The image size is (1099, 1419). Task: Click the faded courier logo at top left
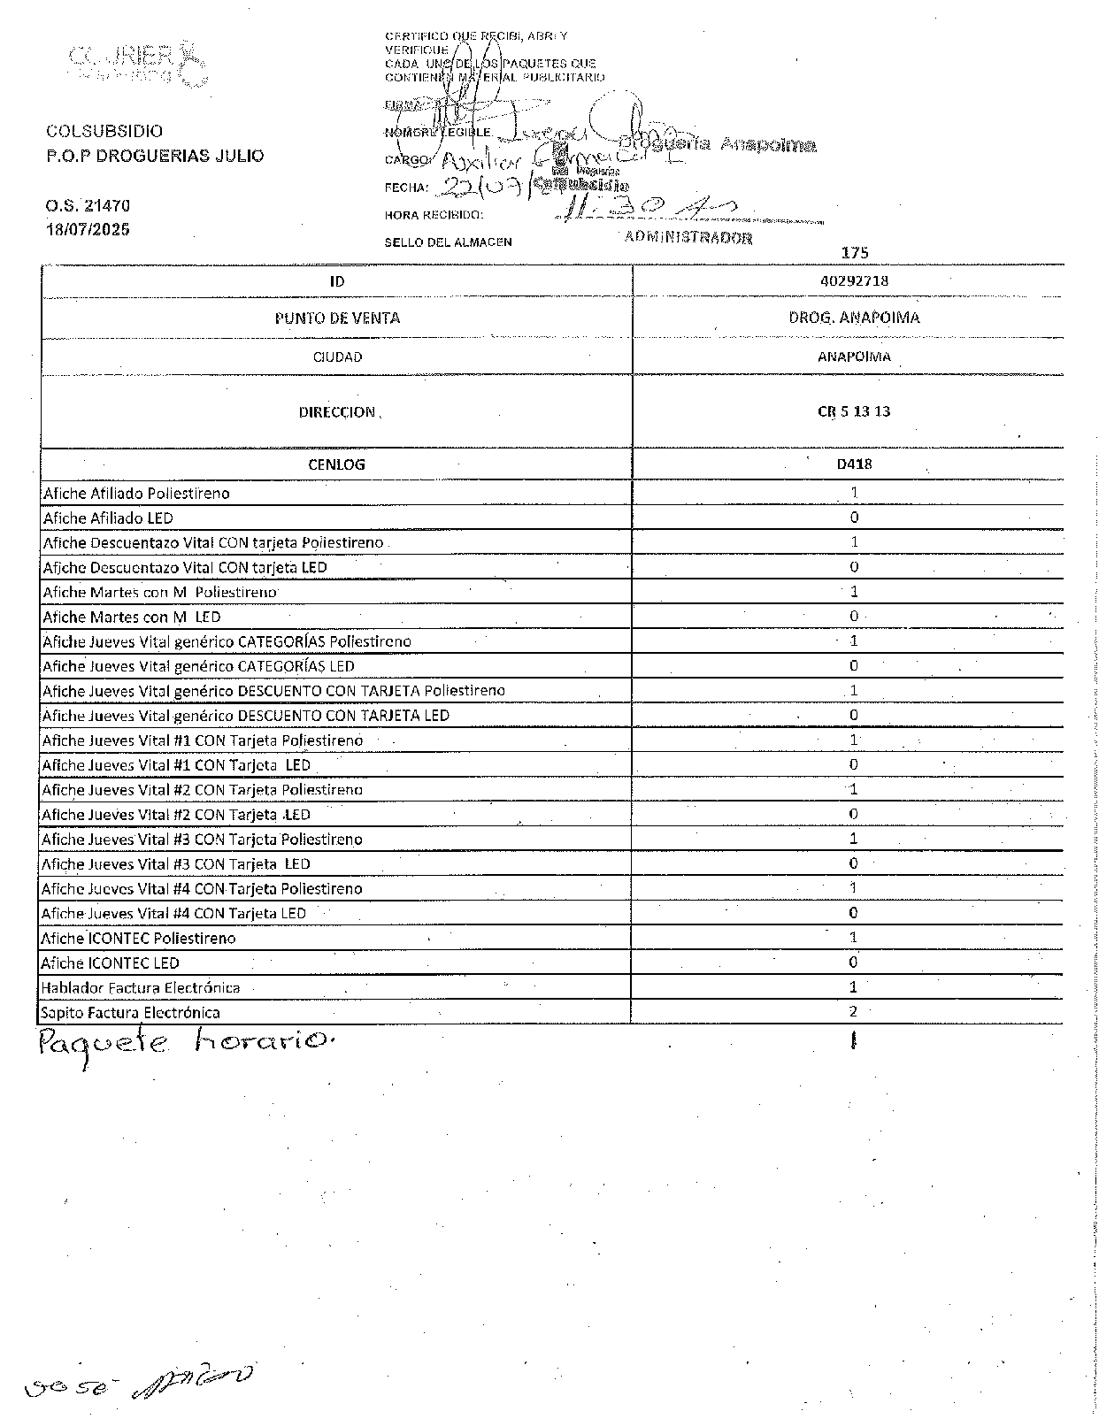pos(136,63)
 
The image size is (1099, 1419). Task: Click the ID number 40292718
pos(854,280)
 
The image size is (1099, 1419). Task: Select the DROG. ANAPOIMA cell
pos(854,318)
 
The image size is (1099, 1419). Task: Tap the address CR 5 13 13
pos(854,411)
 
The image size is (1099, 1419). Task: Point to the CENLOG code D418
pos(854,464)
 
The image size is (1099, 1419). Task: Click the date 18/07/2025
pos(88,229)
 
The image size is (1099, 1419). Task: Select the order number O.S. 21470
pos(88,205)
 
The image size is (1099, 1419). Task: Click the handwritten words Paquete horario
pos(187,1044)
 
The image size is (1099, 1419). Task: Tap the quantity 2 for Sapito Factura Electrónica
pos(853,1012)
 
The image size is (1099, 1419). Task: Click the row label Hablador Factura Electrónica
pos(141,987)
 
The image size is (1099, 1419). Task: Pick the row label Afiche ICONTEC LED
pos(110,963)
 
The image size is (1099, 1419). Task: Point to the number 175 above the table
pos(855,253)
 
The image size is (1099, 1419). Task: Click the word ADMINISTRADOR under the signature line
pos(688,237)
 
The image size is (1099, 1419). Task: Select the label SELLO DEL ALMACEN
pos(448,242)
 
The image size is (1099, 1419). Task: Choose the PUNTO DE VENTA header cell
pos(337,318)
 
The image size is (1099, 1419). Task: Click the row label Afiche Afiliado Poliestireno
pos(136,493)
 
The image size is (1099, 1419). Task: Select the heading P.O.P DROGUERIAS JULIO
pos(155,156)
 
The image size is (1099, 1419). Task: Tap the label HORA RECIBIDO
pos(434,215)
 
